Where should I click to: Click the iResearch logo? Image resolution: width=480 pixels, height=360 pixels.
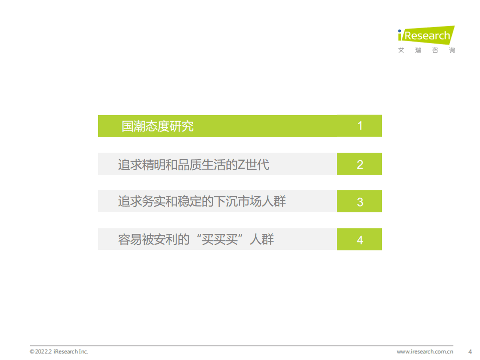[426, 36]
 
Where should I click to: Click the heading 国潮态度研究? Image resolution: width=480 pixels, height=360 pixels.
[157, 126]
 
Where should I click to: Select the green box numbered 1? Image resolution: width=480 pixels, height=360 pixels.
[359, 126]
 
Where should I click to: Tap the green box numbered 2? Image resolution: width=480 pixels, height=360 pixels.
[359, 164]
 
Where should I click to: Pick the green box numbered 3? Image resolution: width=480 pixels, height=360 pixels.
[359, 202]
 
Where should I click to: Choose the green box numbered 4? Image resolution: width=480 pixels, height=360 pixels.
[359, 240]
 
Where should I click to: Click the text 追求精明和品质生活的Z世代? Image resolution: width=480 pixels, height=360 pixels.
[194, 164]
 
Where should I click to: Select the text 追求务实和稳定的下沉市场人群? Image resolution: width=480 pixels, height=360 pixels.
[202, 202]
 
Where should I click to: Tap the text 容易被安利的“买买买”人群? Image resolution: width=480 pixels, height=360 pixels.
[196, 240]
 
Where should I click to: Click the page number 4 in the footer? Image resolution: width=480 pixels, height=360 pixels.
[469, 351]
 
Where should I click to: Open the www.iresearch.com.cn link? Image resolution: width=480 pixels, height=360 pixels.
[428, 351]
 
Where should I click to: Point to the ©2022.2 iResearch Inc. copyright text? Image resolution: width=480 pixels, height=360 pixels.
[59, 351]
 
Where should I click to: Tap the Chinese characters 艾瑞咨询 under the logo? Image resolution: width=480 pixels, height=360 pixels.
[426, 51]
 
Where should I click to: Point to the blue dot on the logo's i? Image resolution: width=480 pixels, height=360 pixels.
[400, 31]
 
